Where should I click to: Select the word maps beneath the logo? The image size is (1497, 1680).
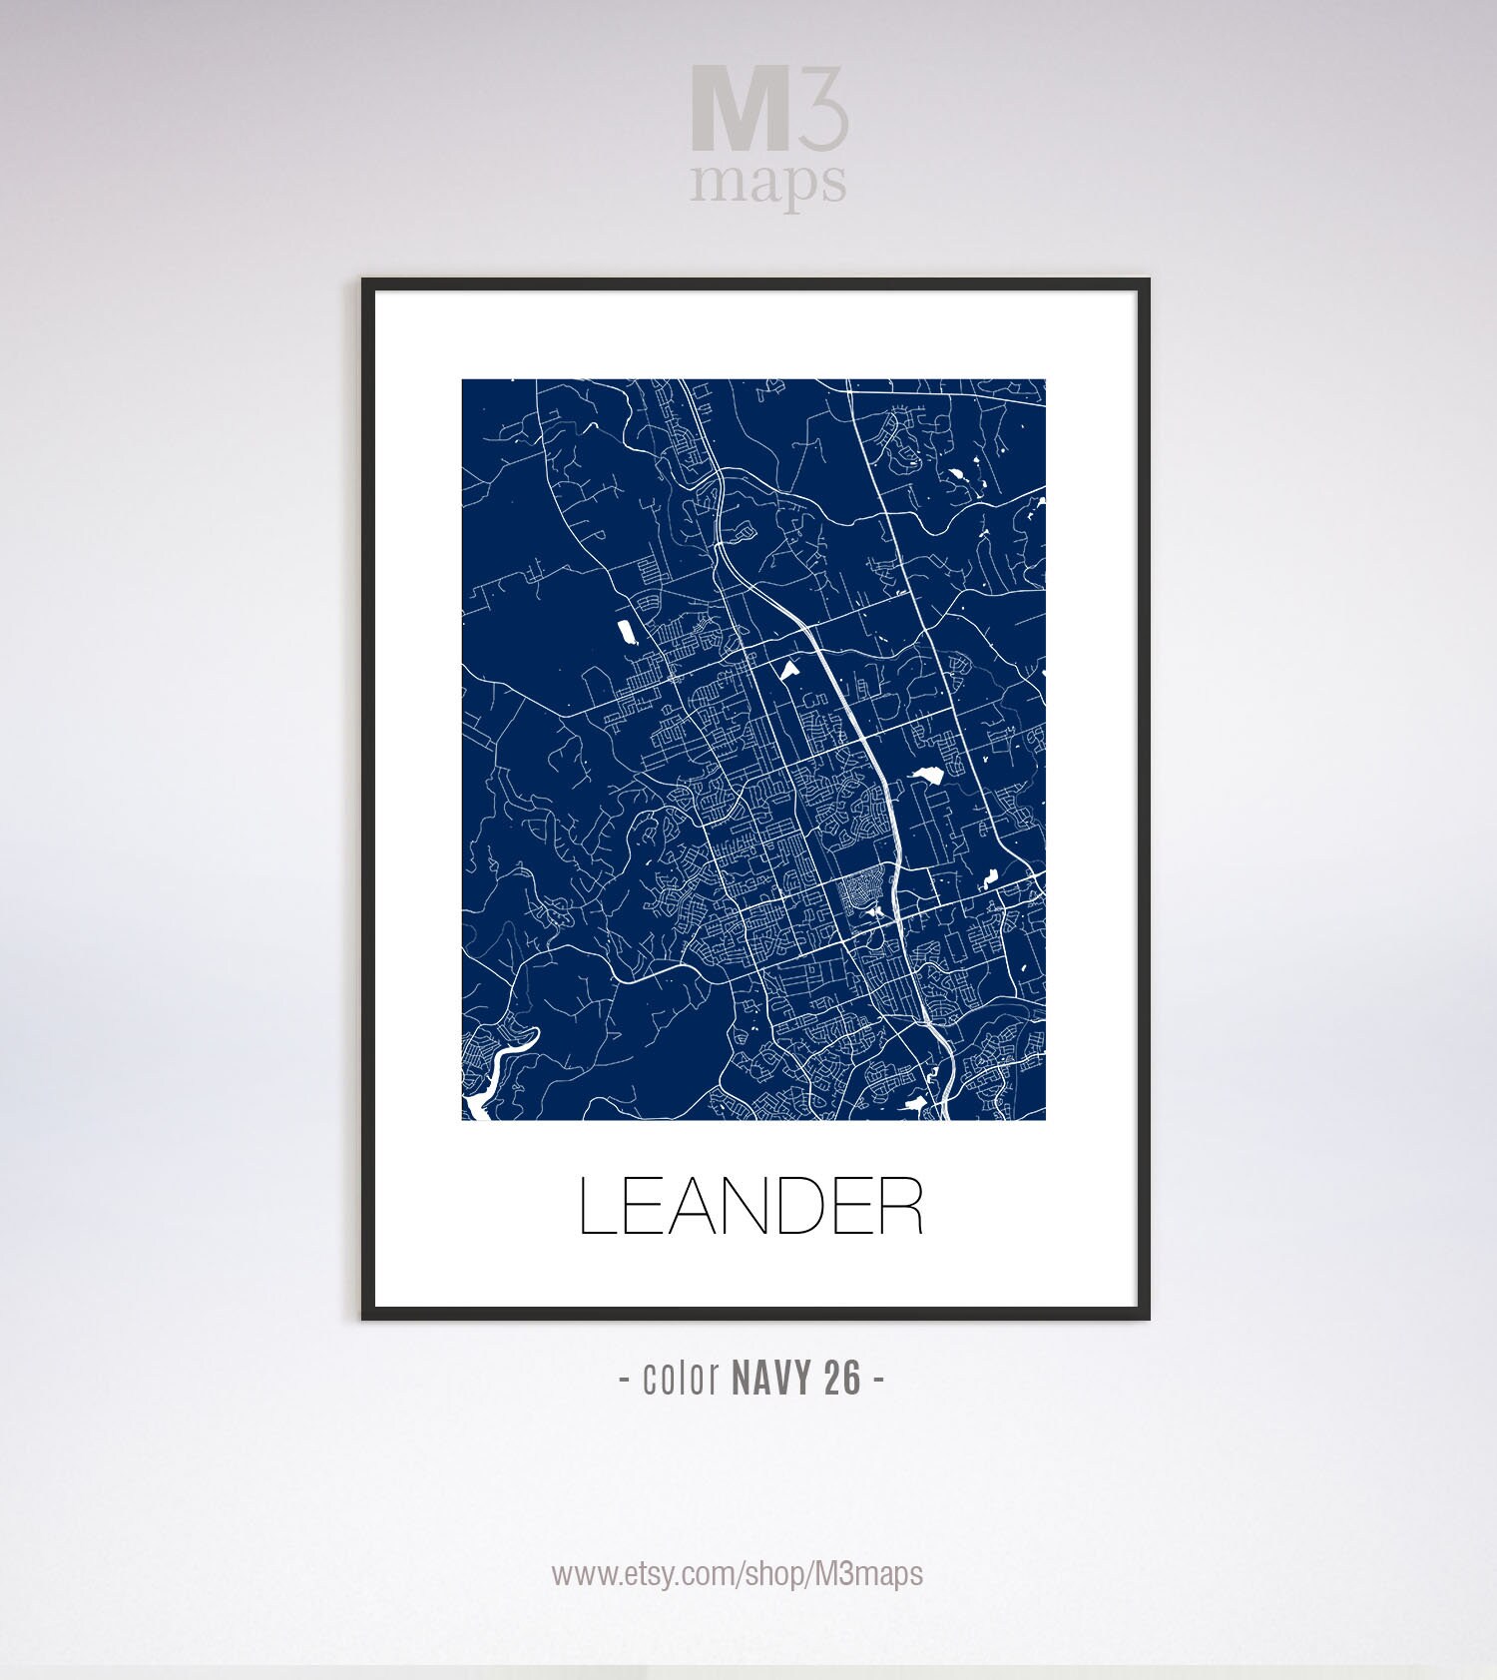tap(768, 182)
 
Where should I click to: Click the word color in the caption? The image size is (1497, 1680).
tap(682, 1379)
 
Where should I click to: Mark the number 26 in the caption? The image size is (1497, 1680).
tap(843, 1379)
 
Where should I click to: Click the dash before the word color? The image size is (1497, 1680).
tap(625, 1380)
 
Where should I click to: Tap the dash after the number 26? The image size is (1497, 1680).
tap(878, 1380)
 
